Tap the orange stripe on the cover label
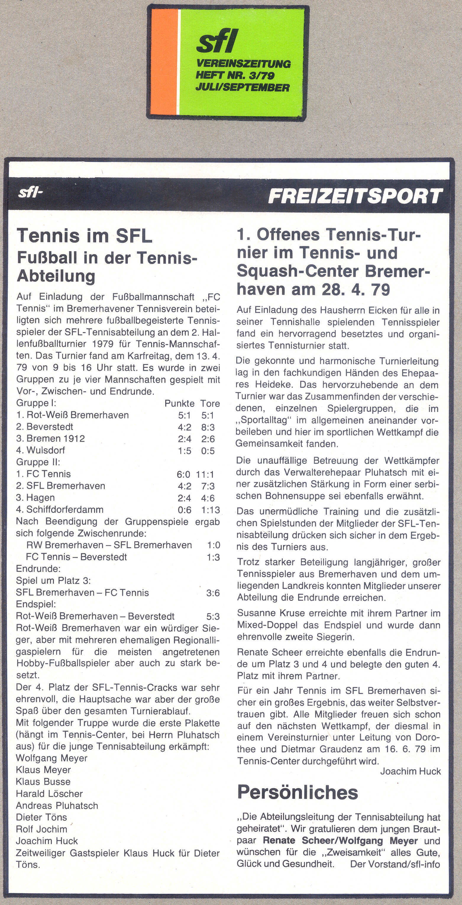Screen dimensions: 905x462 164,61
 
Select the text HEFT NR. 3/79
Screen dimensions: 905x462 235,75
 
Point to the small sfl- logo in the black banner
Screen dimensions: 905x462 30,193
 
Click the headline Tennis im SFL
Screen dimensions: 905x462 85,235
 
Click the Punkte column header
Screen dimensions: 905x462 180,403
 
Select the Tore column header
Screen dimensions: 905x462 210,403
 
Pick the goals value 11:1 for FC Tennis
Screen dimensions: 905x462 205,474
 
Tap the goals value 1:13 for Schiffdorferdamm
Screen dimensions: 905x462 210,510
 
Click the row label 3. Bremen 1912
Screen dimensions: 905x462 51,439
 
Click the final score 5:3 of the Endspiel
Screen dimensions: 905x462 213,616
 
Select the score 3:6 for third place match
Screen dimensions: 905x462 213,593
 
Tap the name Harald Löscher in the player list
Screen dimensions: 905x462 49,794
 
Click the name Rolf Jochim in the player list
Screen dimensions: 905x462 41,829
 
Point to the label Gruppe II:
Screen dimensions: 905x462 38,462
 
